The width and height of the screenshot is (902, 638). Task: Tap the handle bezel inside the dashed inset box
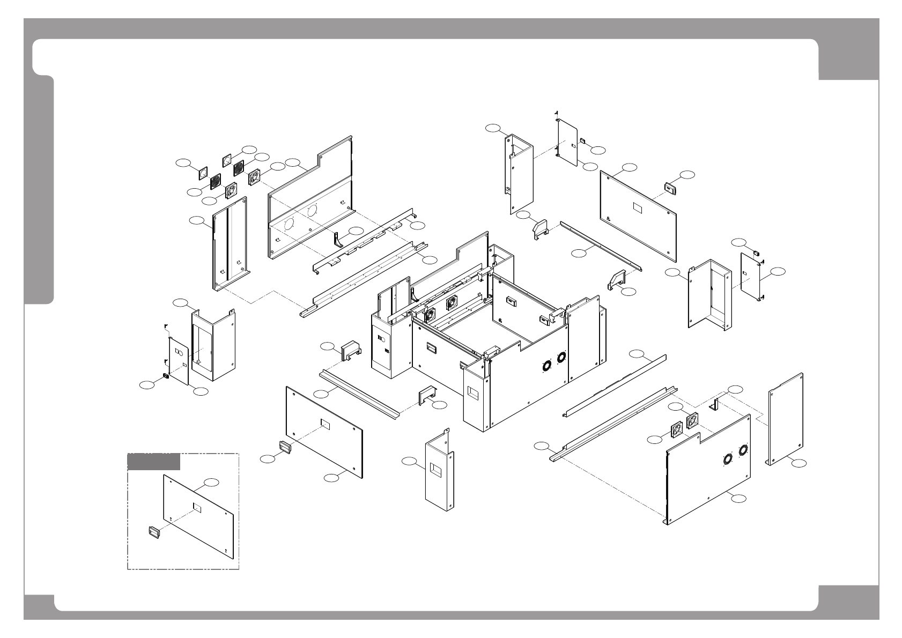coord(154,532)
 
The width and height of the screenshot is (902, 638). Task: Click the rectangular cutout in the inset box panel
coord(197,507)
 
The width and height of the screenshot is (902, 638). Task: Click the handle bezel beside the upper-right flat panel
coord(670,187)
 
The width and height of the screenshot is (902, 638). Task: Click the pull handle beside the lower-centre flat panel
coord(284,446)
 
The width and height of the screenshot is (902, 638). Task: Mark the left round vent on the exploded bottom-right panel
coord(728,459)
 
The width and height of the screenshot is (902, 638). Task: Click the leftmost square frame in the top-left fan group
coord(203,172)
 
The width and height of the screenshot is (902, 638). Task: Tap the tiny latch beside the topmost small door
coord(582,141)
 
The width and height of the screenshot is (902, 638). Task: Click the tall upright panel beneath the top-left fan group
coord(230,244)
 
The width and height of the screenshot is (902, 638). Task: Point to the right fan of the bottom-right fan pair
coord(692,420)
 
